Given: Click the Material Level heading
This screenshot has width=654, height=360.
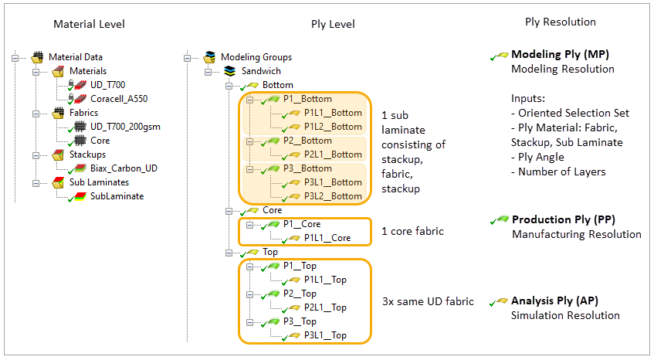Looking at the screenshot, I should click(89, 24).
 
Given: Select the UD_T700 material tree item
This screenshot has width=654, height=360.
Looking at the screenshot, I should click(107, 84).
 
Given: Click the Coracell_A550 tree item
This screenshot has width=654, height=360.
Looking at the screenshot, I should click(117, 98).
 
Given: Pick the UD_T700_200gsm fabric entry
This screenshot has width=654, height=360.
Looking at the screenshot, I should click(125, 127).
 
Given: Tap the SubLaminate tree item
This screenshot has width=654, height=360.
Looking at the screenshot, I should click(117, 196).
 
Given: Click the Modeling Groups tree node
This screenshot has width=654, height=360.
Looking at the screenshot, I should click(256, 56).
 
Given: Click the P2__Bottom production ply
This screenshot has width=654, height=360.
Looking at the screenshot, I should click(307, 141).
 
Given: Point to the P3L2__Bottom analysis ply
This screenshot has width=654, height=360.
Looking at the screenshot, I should click(333, 196).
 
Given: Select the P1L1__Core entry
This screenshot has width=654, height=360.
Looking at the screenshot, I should click(327, 238).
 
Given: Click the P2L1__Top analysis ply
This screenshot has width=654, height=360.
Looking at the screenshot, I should click(325, 307).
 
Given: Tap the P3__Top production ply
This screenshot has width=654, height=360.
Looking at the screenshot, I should click(299, 321).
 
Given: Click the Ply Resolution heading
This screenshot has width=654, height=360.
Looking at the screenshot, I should click(560, 22).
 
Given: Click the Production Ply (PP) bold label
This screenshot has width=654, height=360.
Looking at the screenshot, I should click(563, 220).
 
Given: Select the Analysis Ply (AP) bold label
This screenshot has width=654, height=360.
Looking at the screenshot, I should click(554, 301).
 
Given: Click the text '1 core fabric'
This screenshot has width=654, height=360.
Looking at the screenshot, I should click(414, 231).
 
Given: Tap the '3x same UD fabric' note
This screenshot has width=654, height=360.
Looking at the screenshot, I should click(427, 301).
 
